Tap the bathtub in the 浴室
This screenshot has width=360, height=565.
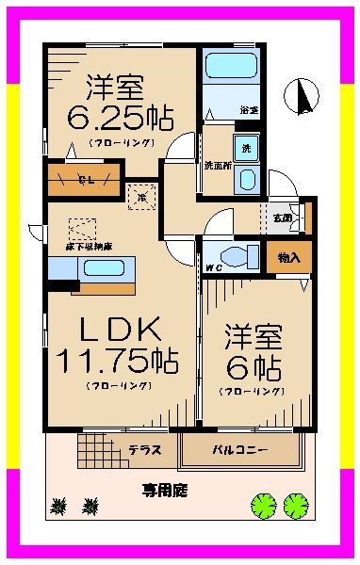[x=230, y=66]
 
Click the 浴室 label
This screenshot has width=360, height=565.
[x=247, y=110]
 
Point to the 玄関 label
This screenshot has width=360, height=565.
[x=283, y=218]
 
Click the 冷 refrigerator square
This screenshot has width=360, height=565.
[x=140, y=198]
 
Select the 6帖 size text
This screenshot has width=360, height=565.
[x=252, y=365]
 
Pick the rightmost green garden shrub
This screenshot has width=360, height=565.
[x=296, y=507]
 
